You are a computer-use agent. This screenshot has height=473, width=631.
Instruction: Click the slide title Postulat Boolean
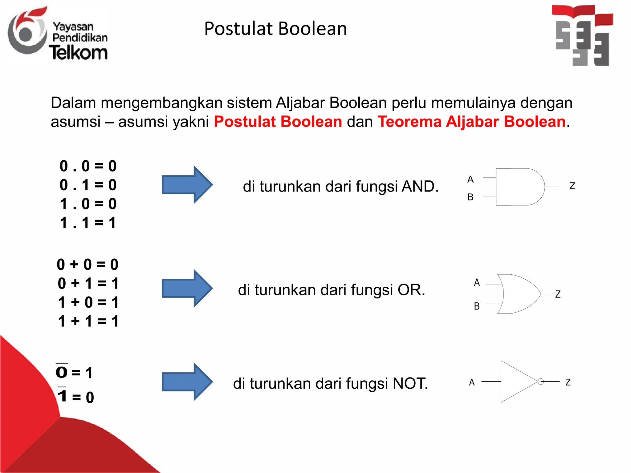(x=275, y=29)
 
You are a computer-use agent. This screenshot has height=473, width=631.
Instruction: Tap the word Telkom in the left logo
(x=78, y=53)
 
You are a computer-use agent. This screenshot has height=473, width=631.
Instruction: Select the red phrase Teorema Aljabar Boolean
(x=471, y=121)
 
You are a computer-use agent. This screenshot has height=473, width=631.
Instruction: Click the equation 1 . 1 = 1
(x=88, y=223)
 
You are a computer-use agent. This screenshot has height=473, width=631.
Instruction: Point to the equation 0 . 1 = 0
(x=88, y=185)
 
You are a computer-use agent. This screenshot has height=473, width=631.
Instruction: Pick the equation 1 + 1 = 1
(x=88, y=321)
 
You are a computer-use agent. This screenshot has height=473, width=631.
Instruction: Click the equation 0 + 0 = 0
(x=88, y=265)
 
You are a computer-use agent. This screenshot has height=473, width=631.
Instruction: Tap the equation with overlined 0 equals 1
(x=74, y=372)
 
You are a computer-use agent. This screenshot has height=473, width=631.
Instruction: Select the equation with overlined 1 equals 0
(x=76, y=397)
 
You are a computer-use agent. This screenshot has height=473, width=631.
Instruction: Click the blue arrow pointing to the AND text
(x=187, y=185)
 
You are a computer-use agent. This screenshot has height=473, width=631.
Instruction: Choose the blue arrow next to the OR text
(x=187, y=288)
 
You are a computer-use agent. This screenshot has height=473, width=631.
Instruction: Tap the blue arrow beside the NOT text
(x=187, y=382)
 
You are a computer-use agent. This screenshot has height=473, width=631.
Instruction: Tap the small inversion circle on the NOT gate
(x=541, y=382)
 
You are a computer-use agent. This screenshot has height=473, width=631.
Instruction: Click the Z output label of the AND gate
(x=572, y=186)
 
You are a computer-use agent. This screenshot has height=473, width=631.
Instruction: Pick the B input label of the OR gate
(x=477, y=306)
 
